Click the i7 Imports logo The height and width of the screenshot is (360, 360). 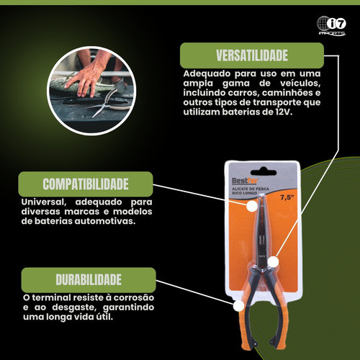331,26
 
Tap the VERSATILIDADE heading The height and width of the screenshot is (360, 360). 252,55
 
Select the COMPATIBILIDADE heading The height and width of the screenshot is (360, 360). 86,184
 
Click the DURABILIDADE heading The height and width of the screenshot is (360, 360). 89,279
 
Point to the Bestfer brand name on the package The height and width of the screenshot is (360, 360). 245,181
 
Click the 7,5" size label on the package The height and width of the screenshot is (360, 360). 287,197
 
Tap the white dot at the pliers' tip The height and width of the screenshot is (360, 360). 252,206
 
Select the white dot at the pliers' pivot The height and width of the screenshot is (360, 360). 273,261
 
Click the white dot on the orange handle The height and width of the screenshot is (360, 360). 238,306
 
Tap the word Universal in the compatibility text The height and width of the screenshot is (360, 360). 44,202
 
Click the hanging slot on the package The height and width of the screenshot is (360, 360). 264,172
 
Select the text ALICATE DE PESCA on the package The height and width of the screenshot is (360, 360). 251,189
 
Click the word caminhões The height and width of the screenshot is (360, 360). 287,93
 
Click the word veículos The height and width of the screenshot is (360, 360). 300,84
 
